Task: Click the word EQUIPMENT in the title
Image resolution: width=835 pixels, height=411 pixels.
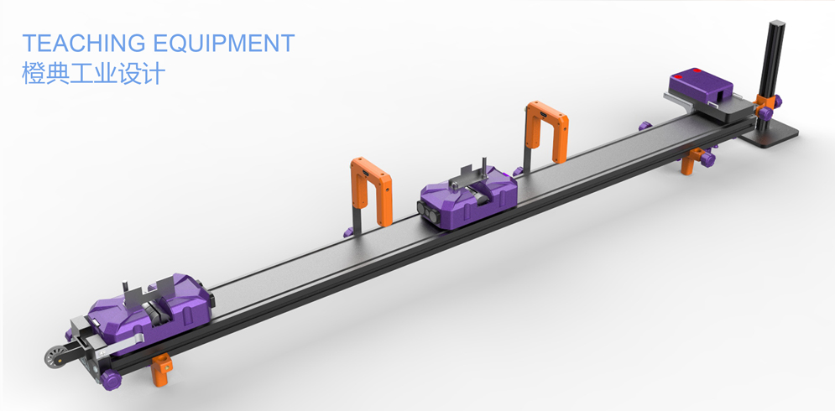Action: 224,43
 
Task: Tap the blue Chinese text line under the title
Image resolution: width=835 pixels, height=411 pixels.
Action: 93,73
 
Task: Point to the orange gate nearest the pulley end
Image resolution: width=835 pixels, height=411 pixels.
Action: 371,190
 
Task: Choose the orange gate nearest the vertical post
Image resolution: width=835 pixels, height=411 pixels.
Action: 547,131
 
